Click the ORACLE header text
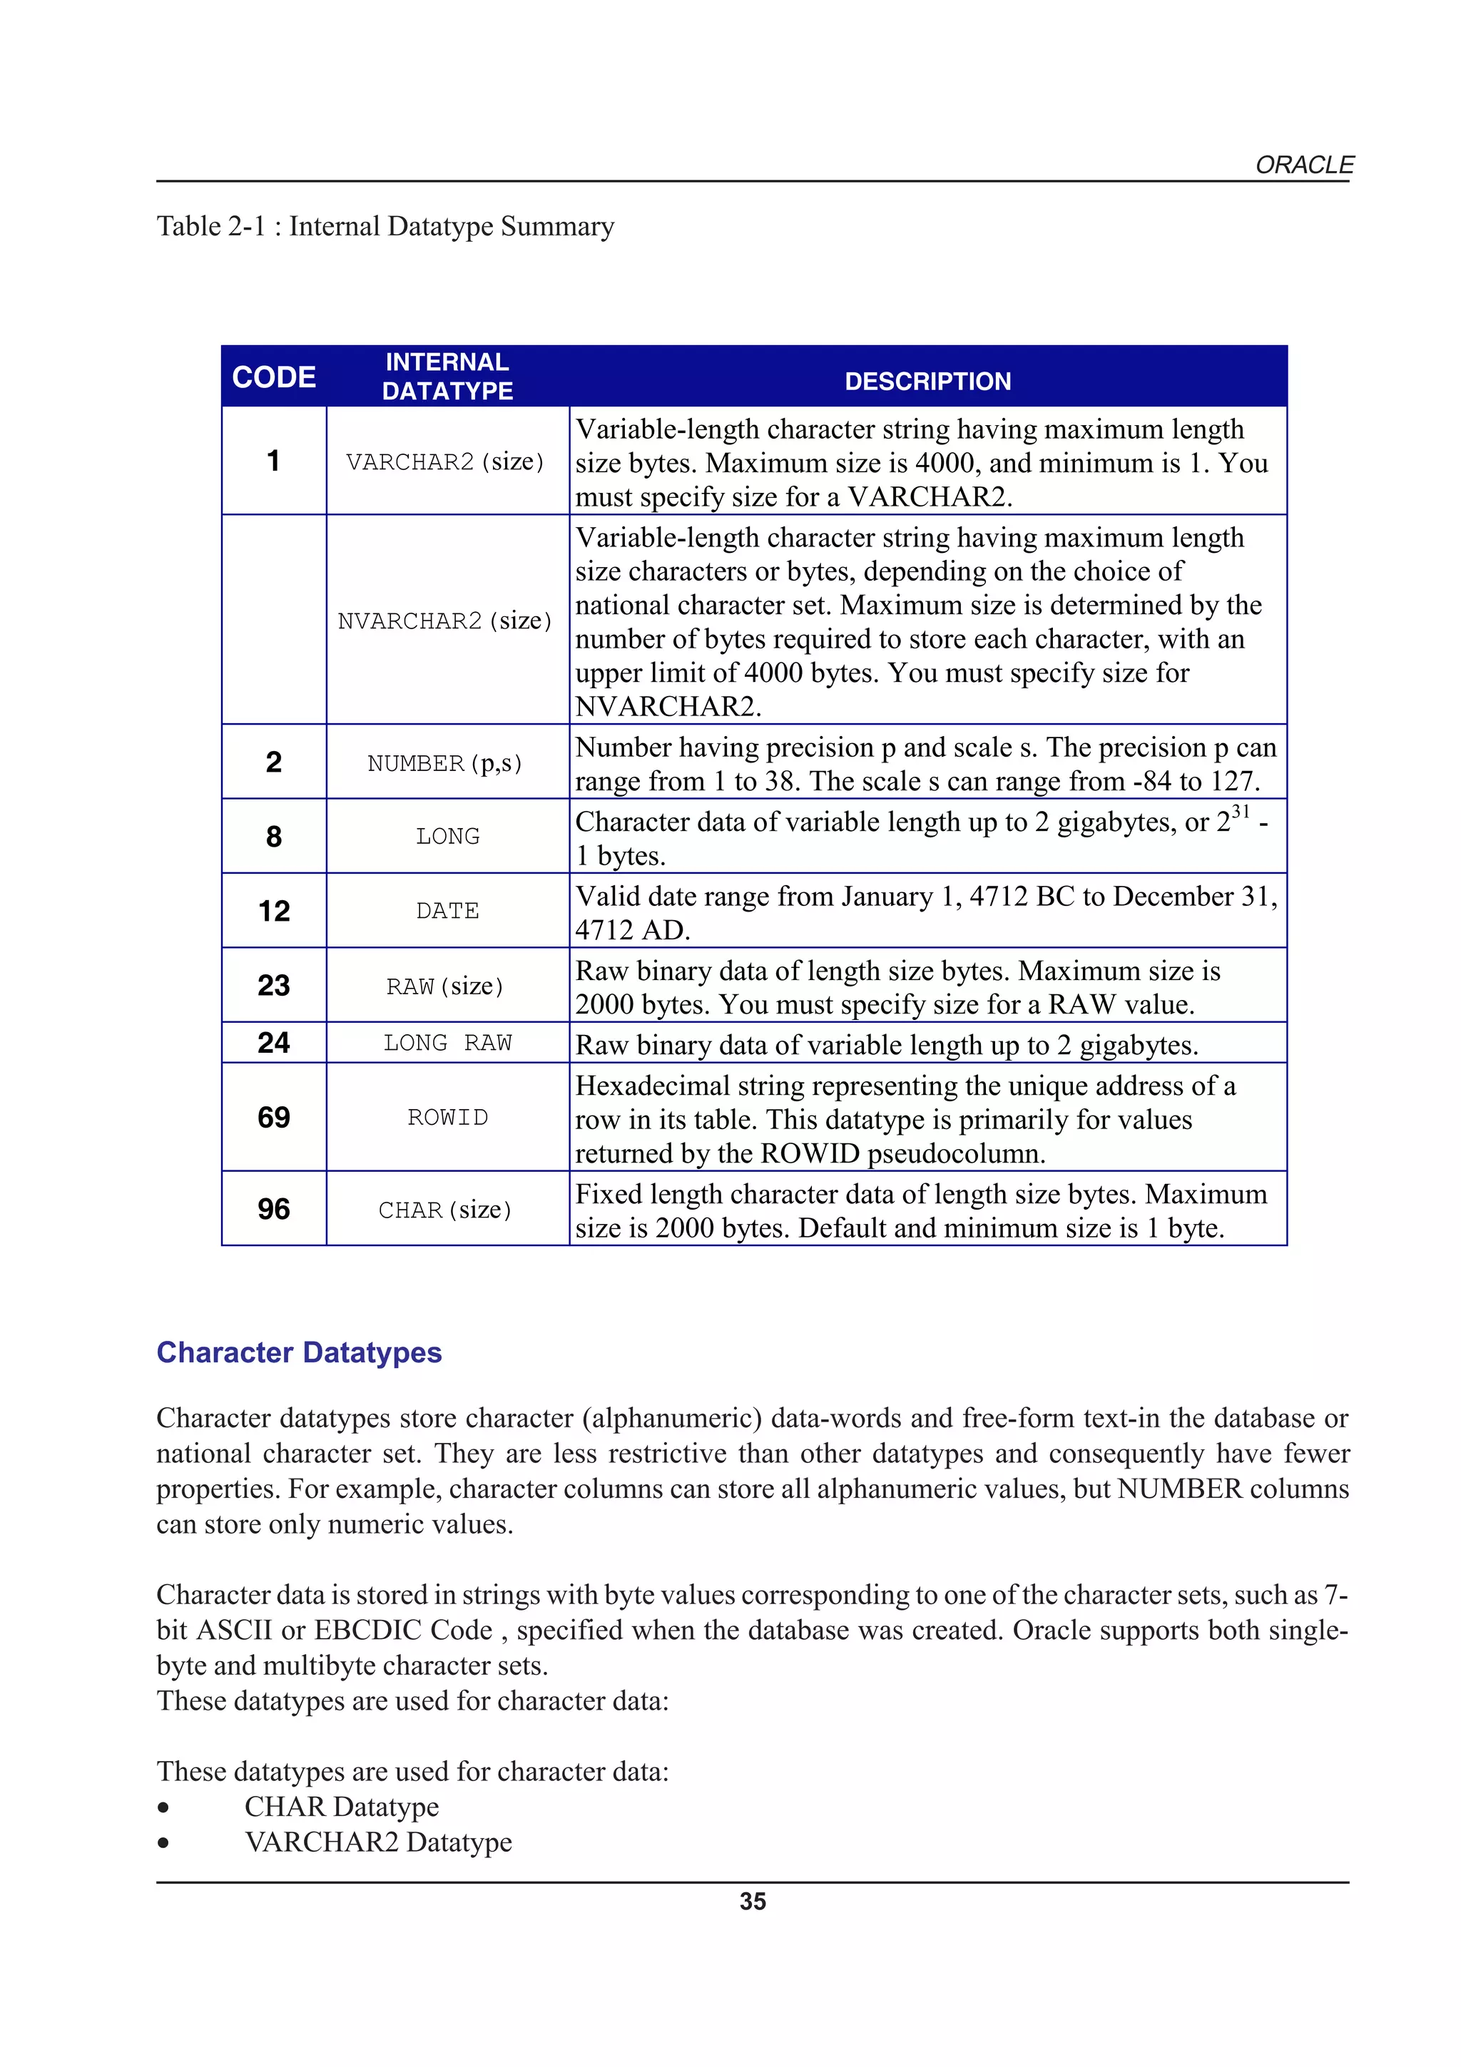pos(1303,165)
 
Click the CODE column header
pos(274,377)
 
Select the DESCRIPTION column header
pos(927,381)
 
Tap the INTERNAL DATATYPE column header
pos(447,377)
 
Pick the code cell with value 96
pos(274,1209)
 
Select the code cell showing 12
pos(274,911)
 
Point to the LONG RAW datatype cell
pos(447,1043)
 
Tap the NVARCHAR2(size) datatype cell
pos(444,621)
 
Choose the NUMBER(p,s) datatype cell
pos(444,763)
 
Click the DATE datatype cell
pos(447,911)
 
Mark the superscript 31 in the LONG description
pos(1241,811)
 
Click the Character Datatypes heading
pos(299,1352)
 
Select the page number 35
pos(753,1902)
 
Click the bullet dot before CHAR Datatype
pos(163,1807)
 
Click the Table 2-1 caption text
pos(385,226)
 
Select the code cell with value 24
pos(274,1043)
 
